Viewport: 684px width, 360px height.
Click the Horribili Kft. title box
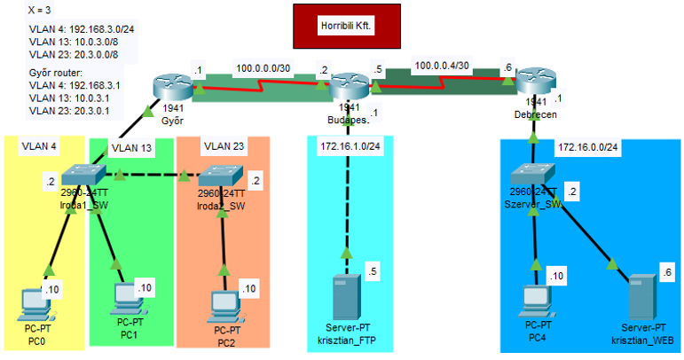click(x=347, y=27)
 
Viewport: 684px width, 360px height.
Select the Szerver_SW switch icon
click(x=534, y=176)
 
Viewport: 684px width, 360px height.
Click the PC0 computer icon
click(x=38, y=302)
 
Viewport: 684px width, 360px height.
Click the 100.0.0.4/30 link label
click(x=442, y=67)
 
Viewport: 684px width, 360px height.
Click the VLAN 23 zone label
click(x=221, y=146)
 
